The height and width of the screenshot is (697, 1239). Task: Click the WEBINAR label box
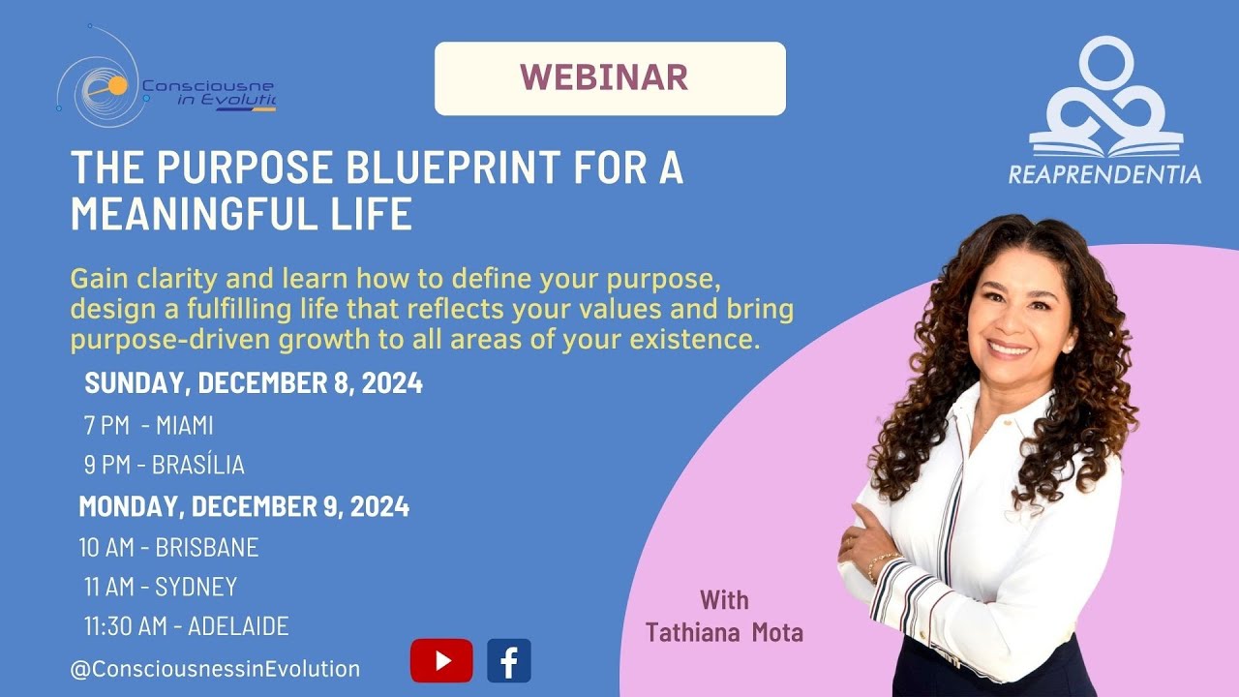click(610, 78)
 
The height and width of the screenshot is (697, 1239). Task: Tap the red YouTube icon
click(441, 661)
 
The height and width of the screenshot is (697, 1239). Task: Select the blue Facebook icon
click(508, 661)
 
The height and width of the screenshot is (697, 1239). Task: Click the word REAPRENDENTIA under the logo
click(1104, 175)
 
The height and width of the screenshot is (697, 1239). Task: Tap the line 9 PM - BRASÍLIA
click(164, 466)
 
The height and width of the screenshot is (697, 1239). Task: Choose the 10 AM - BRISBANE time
click(168, 547)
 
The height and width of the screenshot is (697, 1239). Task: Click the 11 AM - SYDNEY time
click(160, 587)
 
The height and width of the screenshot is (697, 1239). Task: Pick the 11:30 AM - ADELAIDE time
click(186, 626)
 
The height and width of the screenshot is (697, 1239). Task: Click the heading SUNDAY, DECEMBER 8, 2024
click(254, 383)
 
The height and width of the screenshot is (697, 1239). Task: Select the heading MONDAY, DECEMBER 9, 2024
click(244, 506)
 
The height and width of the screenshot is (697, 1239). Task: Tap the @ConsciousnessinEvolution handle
click(215, 668)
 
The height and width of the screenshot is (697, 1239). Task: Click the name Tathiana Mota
click(724, 633)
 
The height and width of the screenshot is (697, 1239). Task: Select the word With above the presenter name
click(724, 600)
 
